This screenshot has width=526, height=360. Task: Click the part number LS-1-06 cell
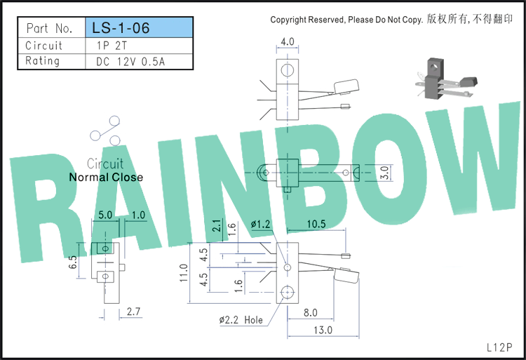(139, 27)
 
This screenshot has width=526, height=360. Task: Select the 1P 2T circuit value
(112, 46)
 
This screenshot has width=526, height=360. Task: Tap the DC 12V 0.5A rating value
(130, 62)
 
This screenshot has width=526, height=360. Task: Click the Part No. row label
(49, 28)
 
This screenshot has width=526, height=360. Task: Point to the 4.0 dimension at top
(288, 41)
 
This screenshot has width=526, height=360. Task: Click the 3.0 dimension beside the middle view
(386, 173)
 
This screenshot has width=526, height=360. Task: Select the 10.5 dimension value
(316, 224)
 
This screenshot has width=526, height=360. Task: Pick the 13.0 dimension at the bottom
(323, 330)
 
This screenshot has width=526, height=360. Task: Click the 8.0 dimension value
(310, 313)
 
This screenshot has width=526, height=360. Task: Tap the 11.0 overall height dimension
(184, 273)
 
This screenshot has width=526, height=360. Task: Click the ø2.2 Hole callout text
(241, 320)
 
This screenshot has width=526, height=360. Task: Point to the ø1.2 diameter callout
(260, 224)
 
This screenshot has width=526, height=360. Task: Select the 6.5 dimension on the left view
(73, 262)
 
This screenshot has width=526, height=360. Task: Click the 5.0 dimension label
(105, 215)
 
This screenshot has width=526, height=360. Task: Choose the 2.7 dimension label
(133, 312)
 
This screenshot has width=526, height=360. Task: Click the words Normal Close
(106, 177)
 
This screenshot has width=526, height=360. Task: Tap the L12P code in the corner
(499, 347)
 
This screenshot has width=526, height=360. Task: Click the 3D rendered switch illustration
(446, 79)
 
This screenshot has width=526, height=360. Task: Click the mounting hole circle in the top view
(288, 70)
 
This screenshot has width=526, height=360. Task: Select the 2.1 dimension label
(217, 225)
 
